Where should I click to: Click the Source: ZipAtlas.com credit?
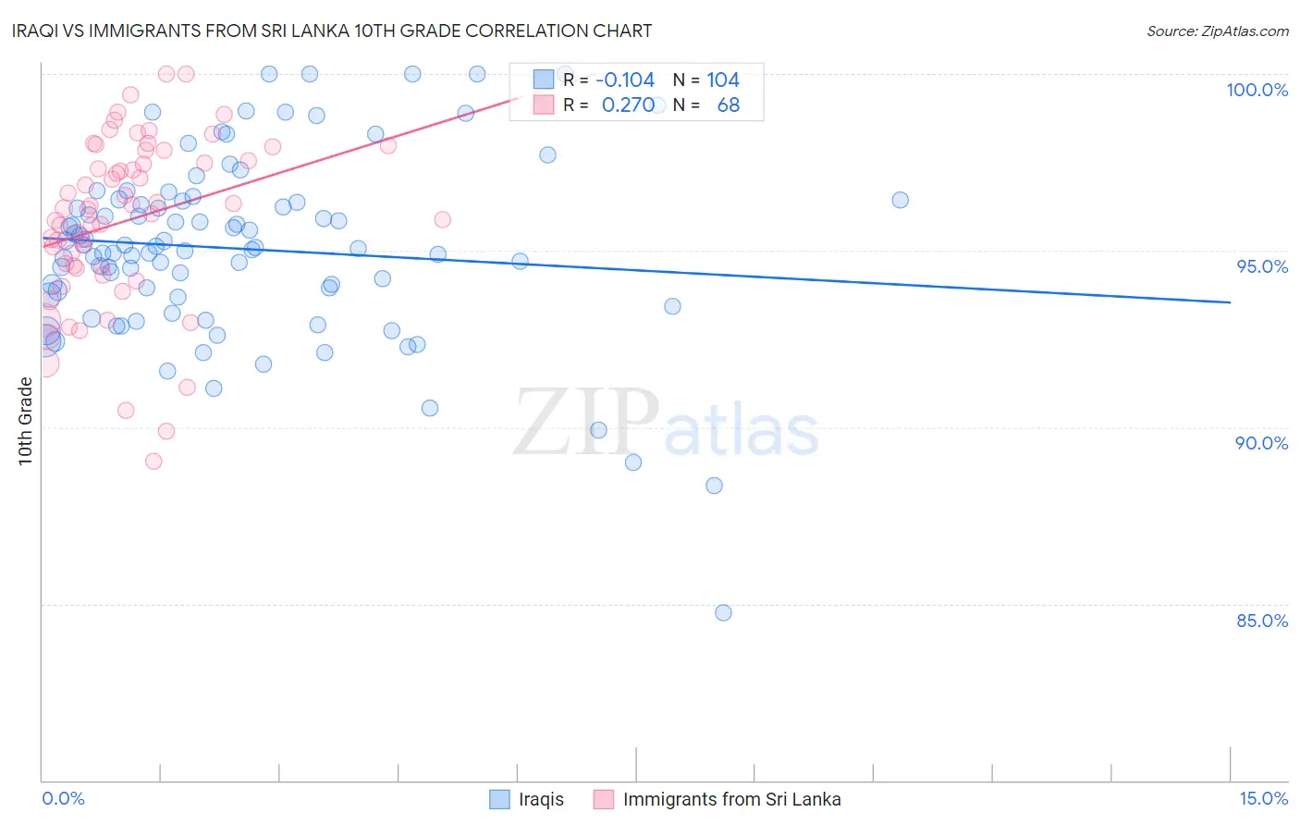[x=1217, y=31]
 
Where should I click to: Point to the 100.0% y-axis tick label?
[x=1257, y=90]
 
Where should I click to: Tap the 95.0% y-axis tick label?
[x=1261, y=266]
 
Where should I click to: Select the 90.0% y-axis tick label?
[x=1261, y=443]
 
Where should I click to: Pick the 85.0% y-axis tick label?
[x=1261, y=621]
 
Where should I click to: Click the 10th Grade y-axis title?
[x=26, y=421]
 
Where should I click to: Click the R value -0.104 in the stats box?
[x=624, y=80]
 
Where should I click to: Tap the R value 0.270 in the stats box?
[x=628, y=105]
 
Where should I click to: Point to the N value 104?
[x=723, y=80]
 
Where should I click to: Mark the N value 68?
[x=728, y=105]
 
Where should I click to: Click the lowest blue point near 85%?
[x=723, y=612]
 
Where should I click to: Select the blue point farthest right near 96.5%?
[x=900, y=200]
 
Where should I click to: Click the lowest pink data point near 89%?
[x=153, y=461]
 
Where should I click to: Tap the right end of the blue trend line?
[x=1230, y=302]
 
